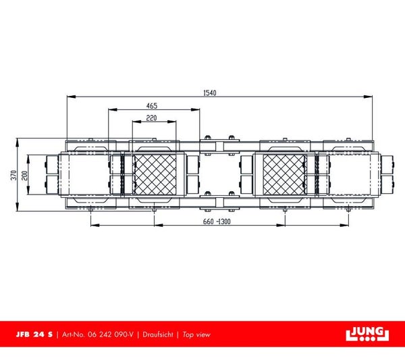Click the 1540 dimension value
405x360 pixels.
210,93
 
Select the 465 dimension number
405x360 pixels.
152,105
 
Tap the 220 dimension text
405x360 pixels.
151,118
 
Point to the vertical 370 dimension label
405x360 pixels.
13,175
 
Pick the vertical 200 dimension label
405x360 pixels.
24,176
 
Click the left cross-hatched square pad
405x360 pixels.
155,175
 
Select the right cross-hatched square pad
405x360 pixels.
284,175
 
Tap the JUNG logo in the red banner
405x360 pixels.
367,334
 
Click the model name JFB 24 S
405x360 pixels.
34,334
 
